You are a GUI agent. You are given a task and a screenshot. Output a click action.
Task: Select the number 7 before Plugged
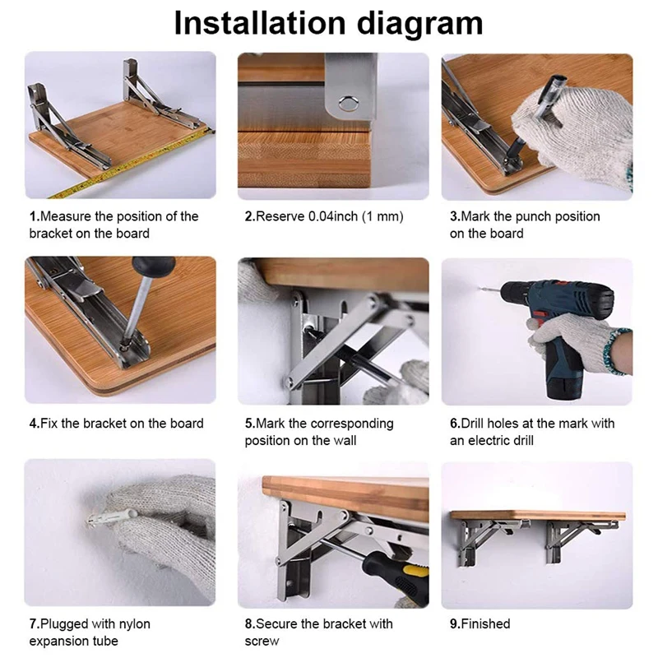click(33, 623)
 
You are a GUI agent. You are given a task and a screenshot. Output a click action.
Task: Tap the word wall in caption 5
click(345, 440)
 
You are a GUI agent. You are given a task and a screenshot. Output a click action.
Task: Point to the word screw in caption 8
click(262, 641)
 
